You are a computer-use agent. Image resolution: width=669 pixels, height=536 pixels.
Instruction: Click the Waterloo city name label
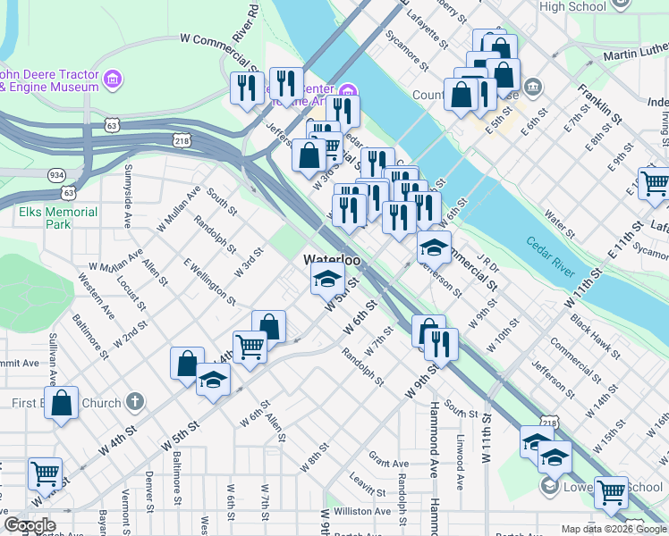tap(331, 259)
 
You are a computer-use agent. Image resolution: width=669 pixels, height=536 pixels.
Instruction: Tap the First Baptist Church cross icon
tap(134, 403)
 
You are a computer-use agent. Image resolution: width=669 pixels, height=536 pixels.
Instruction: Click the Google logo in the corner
tap(30, 526)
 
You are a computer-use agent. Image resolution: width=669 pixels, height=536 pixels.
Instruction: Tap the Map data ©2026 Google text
tap(614, 529)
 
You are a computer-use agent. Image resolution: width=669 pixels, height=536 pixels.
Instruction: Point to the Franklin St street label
tap(599, 103)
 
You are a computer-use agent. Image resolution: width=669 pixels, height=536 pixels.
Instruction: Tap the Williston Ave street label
tap(361, 512)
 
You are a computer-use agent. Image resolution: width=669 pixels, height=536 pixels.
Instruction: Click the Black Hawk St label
tap(592, 338)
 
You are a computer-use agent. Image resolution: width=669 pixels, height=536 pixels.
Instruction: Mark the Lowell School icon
tap(549, 487)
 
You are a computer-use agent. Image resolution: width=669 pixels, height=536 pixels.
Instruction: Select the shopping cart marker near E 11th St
tap(655, 183)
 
